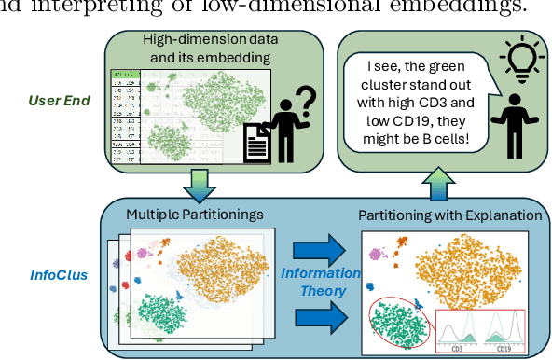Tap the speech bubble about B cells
[x=418, y=102]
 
